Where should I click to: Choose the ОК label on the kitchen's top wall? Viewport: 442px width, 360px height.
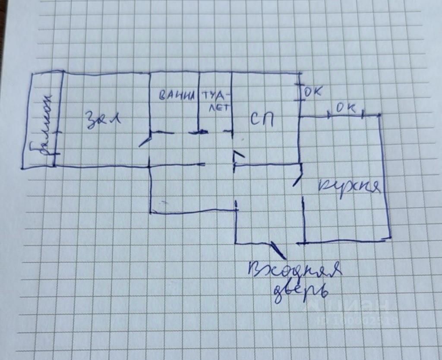pyautogui.click(x=346, y=109)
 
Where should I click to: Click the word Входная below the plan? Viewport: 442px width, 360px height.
pyautogui.click(x=295, y=271)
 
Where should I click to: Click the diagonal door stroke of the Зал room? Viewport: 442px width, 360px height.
pyautogui.click(x=145, y=142)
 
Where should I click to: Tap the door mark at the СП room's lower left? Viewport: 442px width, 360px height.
pyautogui.click(x=238, y=156)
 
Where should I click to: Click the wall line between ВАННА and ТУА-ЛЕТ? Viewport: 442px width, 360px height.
pyautogui.click(x=199, y=104)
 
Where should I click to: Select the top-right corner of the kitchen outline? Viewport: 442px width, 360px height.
pyautogui.click(x=379, y=115)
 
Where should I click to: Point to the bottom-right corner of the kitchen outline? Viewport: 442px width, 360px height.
pyautogui.click(x=390, y=237)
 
